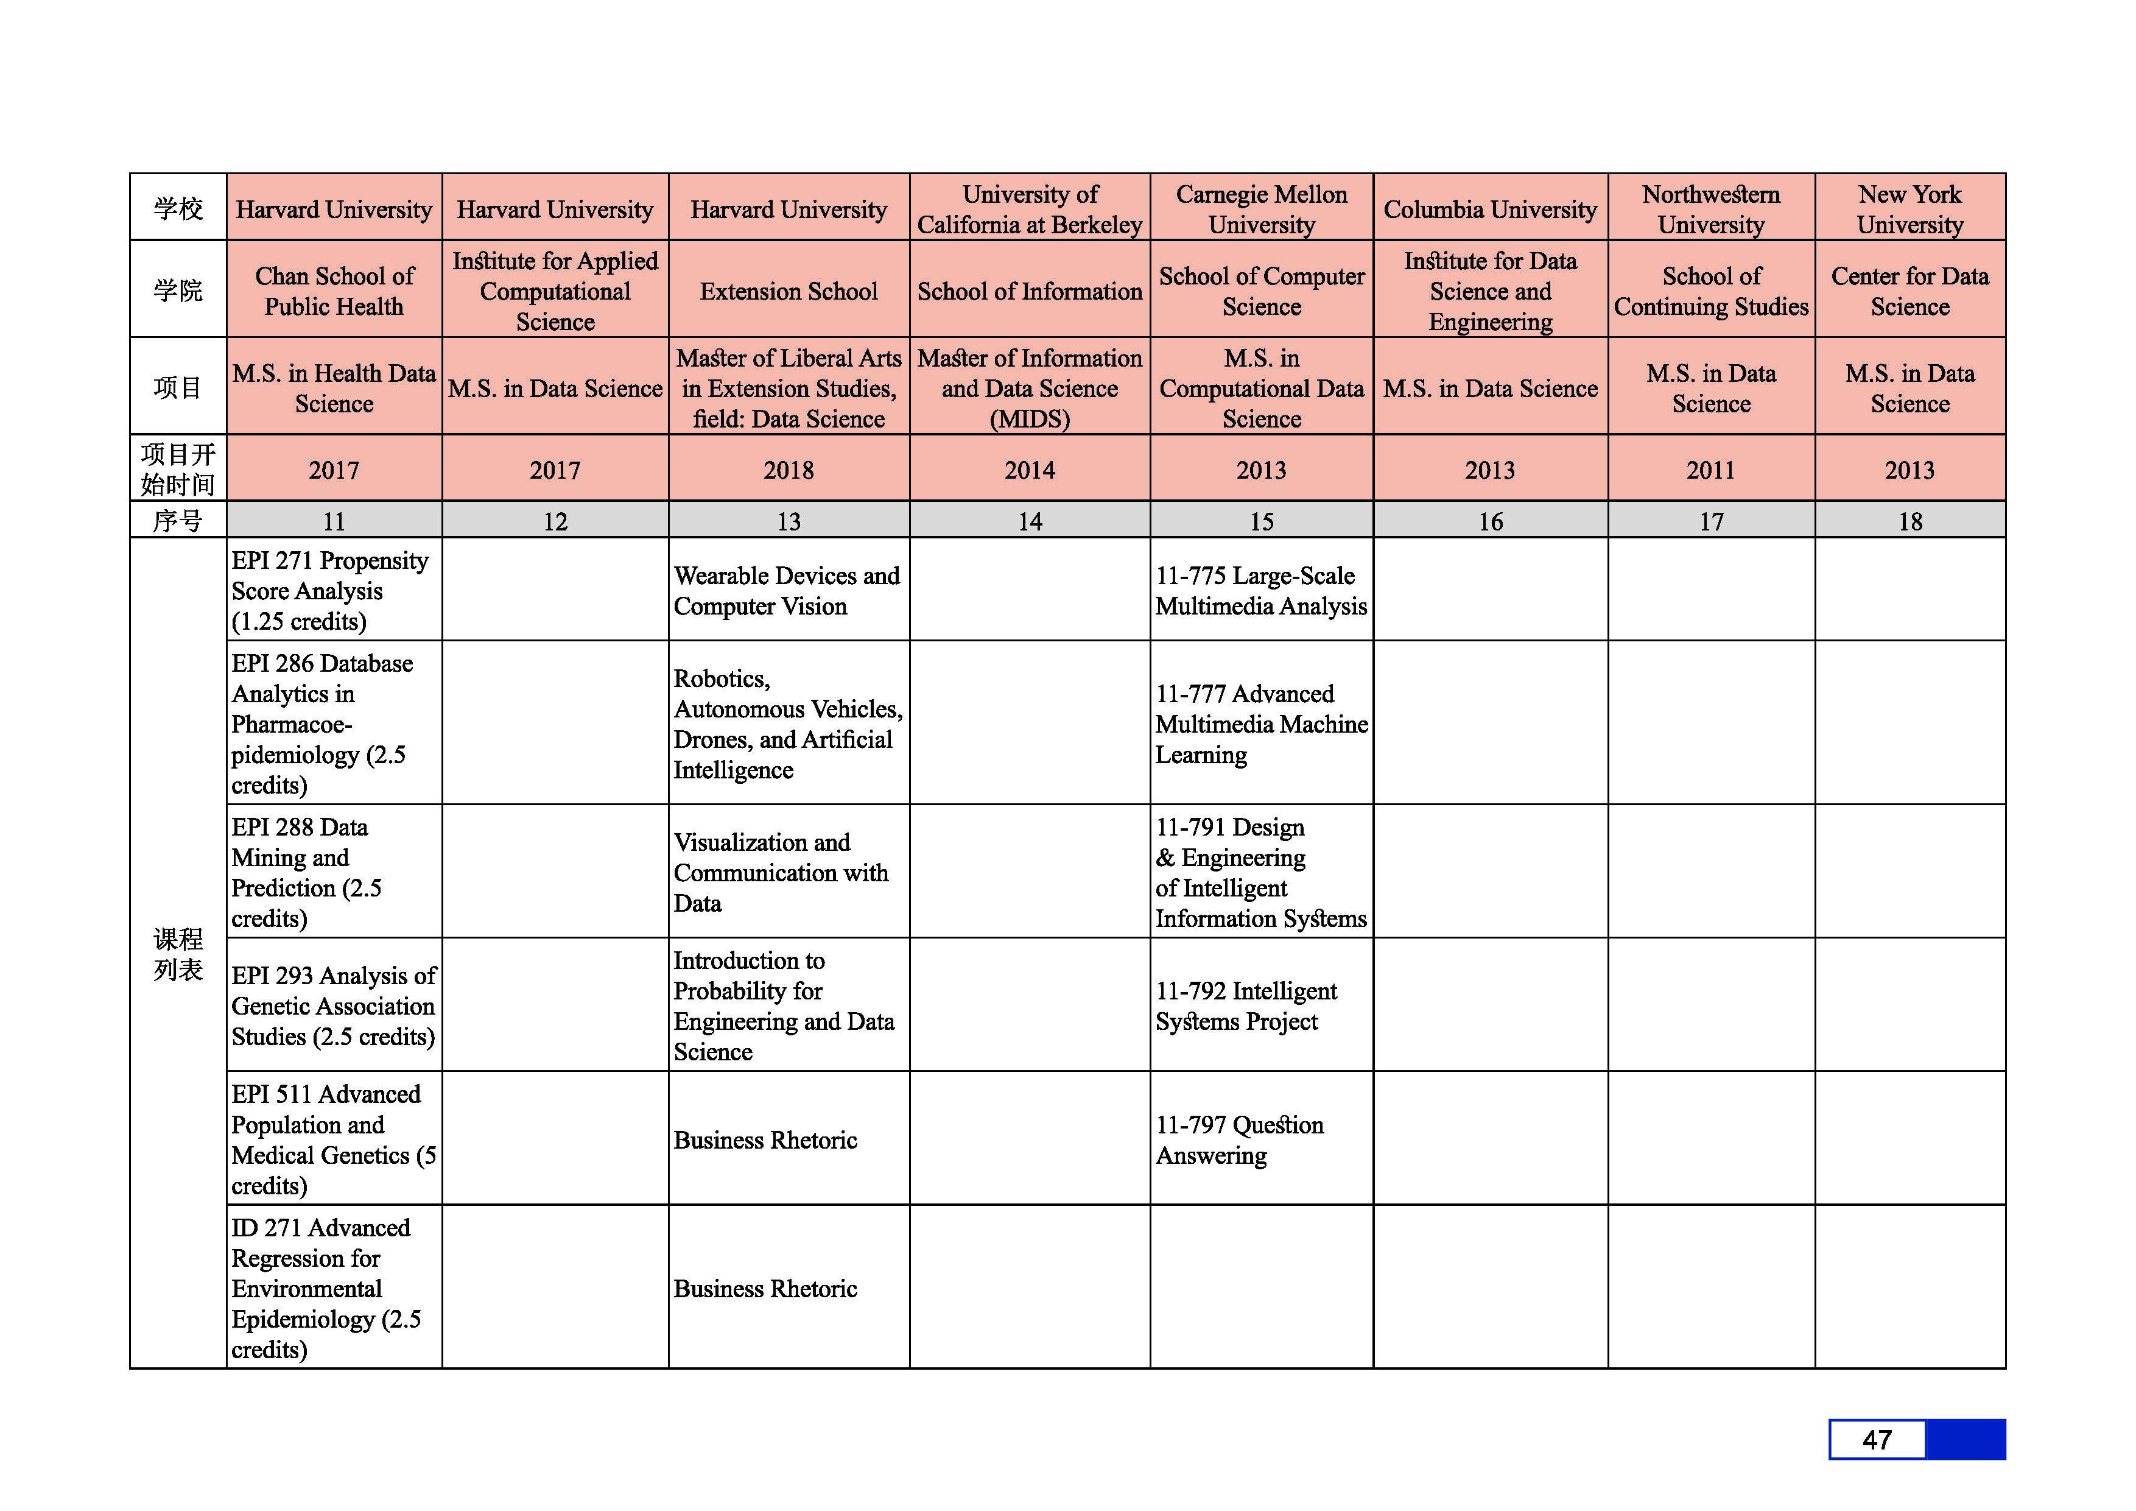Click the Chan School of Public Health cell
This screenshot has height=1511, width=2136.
[334, 291]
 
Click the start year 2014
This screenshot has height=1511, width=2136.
[1029, 470]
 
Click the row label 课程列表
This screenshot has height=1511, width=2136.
[178, 954]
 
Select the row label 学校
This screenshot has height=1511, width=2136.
[178, 208]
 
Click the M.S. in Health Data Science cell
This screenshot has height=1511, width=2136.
[334, 388]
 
